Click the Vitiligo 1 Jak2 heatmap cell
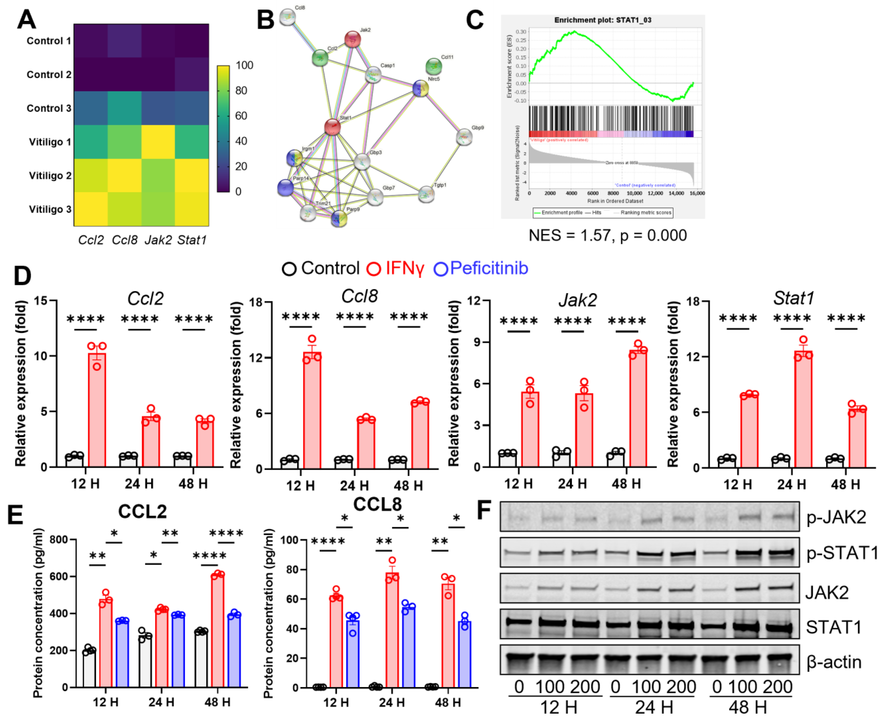click(x=158, y=142)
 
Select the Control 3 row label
click(x=49, y=108)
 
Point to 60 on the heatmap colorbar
click(x=241, y=116)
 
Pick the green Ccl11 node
click(x=434, y=66)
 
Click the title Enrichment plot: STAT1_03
click(x=602, y=20)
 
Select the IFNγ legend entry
click(x=395, y=268)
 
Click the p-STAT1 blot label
click(x=841, y=553)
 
